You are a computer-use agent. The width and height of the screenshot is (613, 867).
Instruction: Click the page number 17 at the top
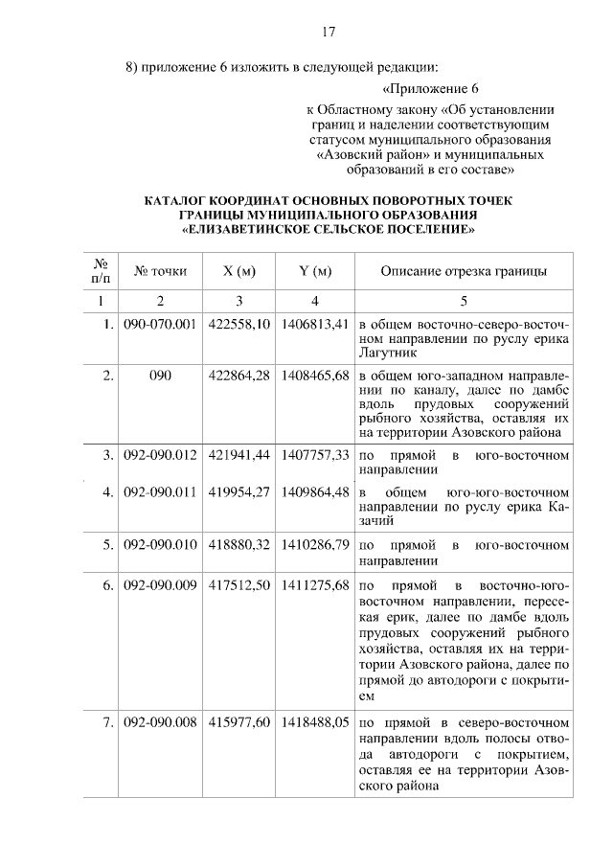(x=327, y=33)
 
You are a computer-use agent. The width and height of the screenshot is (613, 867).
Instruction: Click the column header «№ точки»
(x=160, y=272)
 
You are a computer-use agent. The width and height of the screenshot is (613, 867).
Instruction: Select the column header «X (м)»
(x=238, y=272)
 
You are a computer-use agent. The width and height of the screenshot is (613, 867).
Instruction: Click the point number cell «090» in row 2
(x=160, y=376)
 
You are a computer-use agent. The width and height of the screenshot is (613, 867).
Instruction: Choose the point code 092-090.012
(x=160, y=454)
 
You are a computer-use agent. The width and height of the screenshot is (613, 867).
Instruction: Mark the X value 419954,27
(x=238, y=492)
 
